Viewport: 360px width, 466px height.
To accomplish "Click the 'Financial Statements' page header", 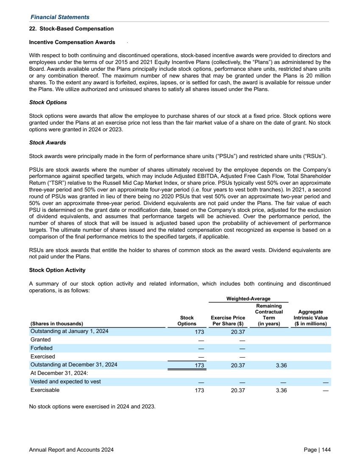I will tap(59, 17).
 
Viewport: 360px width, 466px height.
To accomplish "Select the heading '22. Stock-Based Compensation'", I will tap(71, 29).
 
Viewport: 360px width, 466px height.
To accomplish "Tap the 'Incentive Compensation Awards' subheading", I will tap(72, 42).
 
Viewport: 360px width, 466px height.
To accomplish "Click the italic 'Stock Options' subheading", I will tap(48, 103).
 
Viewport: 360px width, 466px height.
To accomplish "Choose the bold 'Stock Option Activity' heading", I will tap(57, 270).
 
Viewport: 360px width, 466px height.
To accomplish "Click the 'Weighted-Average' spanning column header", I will tap(248, 299).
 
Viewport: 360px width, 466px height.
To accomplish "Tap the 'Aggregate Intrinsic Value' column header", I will tap(310, 318).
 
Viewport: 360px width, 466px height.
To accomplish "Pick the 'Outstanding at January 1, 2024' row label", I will tap(69, 332).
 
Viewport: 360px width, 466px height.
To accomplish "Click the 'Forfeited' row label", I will tap(42, 348).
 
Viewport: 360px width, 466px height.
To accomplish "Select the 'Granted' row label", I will tap(41, 340).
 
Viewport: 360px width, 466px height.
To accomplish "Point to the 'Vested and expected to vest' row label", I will tap(65, 382).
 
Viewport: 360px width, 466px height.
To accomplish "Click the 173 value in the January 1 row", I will tap(199, 332).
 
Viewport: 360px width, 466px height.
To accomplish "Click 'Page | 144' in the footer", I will tap(317, 449).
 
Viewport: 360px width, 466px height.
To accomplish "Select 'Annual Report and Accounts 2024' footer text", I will tap(71, 449).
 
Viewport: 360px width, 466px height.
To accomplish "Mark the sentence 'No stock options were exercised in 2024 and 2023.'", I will tap(92, 407).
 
